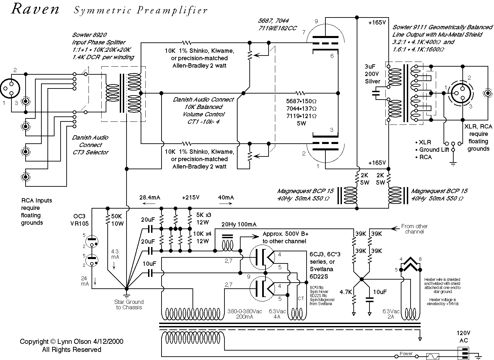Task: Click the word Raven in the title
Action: click(x=35, y=9)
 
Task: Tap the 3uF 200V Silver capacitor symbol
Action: click(x=376, y=93)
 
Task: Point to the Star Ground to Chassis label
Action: click(x=129, y=304)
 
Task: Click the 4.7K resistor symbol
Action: click(x=354, y=299)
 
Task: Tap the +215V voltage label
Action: click(x=190, y=197)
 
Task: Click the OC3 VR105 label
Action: click(x=79, y=219)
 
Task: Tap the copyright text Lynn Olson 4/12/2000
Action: click(x=72, y=341)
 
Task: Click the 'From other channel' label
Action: click(x=414, y=229)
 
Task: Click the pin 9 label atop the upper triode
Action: click(x=316, y=22)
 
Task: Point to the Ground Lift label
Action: click(x=434, y=150)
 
